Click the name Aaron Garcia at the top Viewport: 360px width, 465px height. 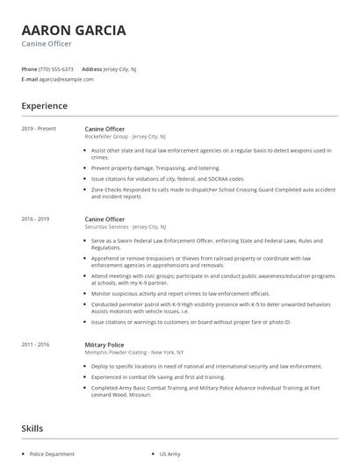click(73, 31)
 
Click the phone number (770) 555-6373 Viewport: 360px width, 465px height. click(56, 68)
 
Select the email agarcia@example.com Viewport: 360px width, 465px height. click(66, 79)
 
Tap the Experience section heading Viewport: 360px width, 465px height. click(44, 106)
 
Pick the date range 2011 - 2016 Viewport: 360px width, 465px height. click(35, 346)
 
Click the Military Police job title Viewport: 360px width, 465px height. click(104, 346)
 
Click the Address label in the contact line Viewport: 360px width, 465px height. click(91, 68)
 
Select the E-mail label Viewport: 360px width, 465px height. click(29, 79)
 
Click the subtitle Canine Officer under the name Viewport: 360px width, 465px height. click(47, 44)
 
